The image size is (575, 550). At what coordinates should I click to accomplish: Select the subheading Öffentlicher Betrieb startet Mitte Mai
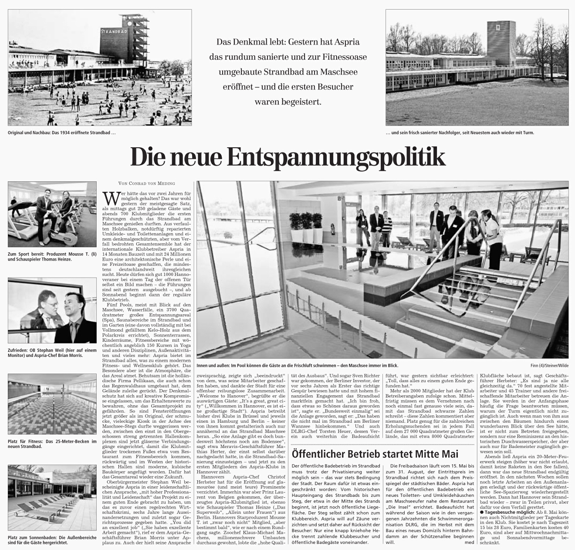tap(375, 454)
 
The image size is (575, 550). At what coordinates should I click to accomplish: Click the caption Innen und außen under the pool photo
tap(296, 365)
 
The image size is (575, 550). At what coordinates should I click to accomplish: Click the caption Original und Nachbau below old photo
tap(61, 132)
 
